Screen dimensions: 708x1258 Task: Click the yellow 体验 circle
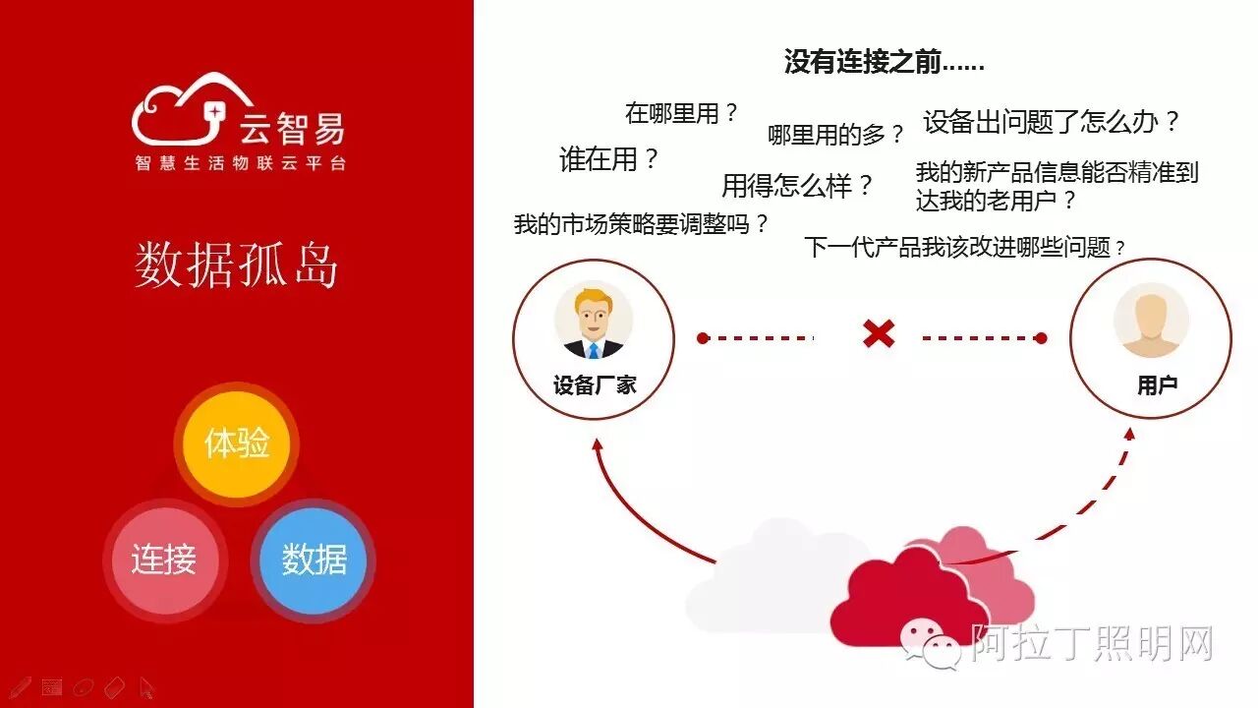pyautogui.click(x=237, y=443)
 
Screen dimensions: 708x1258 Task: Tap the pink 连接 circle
pyautogui.click(x=164, y=560)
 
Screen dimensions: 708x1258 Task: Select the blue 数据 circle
pyautogui.click(x=314, y=560)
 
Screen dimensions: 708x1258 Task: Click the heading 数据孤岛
pyautogui.click(x=237, y=266)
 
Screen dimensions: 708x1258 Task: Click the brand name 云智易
pyautogui.click(x=292, y=128)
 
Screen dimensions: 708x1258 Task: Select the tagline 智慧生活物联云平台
pyautogui.click(x=241, y=163)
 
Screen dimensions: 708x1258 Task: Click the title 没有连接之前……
pyautogui.click(x=884, y=62)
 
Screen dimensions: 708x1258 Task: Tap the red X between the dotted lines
pyautogui.click(x=878, y=334)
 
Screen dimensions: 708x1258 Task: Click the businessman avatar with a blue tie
pyautogui.click(x=594, y=321)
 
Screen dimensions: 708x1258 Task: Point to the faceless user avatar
pyautogui.click(x=1151, y=321)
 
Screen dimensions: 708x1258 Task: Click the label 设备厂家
pyautogui.click(x=595, y=385)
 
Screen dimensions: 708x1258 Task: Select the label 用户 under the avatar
pyautogui.click(x=1157, y=385)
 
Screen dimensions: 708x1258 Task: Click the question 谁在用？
pyautogui.click(x=608, y=160)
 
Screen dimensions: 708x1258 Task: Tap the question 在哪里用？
pyautogui.click(x=681, y=113)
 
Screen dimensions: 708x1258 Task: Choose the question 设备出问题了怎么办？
pyautogui.click(x=1051, y=122)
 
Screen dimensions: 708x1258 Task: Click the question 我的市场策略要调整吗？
pyautogui.click(x=641, y=224)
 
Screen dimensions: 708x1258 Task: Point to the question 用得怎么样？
pyautogui.click(x=797, y=185)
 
